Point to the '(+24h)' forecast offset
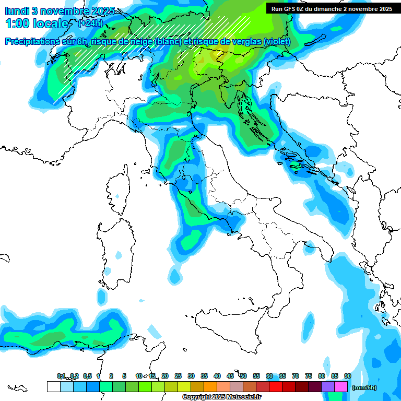click(x=90, y=23)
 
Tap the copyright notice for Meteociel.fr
click(x=221, y=397)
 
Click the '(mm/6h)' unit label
click(x=364, y=387)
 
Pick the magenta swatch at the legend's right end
click(x=341, y=386)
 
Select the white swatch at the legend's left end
click(x=53, y=386)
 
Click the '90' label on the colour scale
click(x=348, y=376)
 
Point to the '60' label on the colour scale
click(x=269, y=376)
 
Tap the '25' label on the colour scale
click(x=178, y=376)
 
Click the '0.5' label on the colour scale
click(x=87, y=376)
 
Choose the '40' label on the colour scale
click(x=217, y=376)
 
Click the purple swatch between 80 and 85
click(x=328, y=386)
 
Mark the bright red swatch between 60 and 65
click(x=276, y=386)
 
